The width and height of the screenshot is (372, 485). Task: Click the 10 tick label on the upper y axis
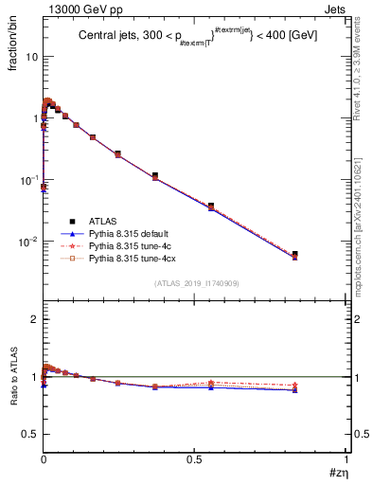tap(31, 57)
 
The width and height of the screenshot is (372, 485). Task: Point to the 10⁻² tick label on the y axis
tap(27, 242)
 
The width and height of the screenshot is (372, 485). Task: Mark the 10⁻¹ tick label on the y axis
tap(27, 180)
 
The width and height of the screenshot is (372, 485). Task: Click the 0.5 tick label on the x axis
tap(195, 458)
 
